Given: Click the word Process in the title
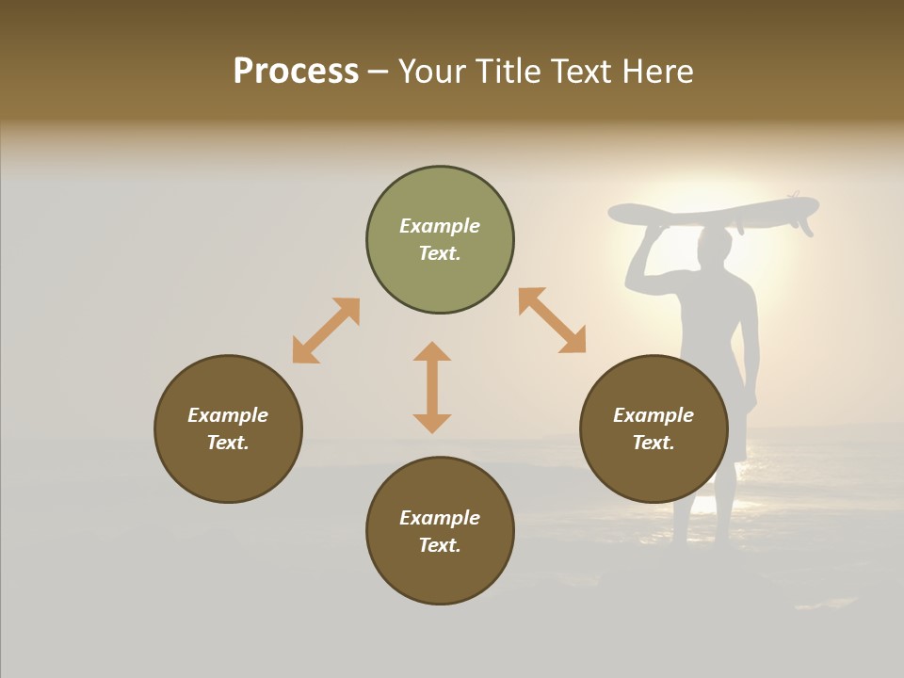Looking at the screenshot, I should (x=296, y=72).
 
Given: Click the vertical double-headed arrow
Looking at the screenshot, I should (x=432, y=387).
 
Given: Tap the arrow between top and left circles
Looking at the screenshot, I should (x=326, y=331).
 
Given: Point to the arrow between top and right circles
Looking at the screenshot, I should (x=552, y=320).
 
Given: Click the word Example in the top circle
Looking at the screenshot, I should (x=440, y=226).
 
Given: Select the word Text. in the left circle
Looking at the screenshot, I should (x=228, y=443).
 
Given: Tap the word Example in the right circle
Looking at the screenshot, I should (x=654, y=415).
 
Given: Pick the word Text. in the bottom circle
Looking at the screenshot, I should (x=440, y=545).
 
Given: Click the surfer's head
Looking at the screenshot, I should (x=716, y=247).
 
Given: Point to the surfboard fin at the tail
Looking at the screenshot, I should (x=805, y=226).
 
